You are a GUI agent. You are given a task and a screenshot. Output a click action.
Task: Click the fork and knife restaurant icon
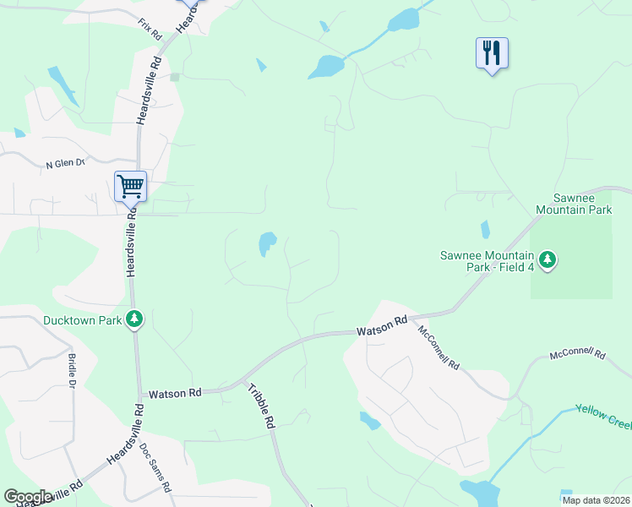click(491, 53)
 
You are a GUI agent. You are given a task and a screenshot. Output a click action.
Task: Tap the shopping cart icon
click(131, 185)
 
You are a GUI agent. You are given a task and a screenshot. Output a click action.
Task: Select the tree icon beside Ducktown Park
click(133, 319)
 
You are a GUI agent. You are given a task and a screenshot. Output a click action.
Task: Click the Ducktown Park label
click(83, 320)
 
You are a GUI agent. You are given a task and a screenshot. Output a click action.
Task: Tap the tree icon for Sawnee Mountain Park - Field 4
click(548, 259)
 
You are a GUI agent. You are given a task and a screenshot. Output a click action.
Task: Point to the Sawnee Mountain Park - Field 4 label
click(487, 261)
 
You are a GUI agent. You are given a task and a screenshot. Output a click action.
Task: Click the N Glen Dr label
click(66, 163)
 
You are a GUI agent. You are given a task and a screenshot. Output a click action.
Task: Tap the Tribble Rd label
click(262, 405)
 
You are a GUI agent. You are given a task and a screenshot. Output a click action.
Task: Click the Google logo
click(28, 497)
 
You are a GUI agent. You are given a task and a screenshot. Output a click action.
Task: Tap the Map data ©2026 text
click(596, 500)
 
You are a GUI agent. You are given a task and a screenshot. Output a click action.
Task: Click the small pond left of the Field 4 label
click(484, 229)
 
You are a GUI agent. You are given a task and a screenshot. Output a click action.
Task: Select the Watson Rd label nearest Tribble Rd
click(175, 393)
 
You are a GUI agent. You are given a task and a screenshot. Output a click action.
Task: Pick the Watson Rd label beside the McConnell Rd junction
click(382, 326)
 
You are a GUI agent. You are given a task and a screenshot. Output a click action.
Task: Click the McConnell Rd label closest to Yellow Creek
click(578, 354)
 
